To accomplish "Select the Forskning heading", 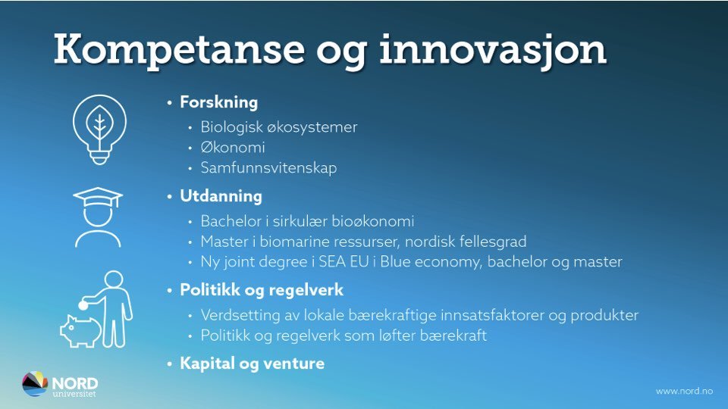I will tap(218, 102).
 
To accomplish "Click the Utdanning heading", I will tap(221, 196).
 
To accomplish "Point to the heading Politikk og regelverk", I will tap(262, 290).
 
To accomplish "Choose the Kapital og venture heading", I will tap(252, 364).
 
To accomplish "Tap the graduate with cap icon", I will tap(98, 217).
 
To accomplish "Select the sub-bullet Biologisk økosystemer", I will tap(278, 127).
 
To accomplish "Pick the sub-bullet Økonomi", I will tap(233, 148).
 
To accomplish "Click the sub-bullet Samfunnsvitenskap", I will tap(268, 168).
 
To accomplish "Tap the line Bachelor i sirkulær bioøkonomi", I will tap(307, 221).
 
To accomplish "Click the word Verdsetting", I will tap(238, 315).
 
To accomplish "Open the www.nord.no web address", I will tap(683, 391).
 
